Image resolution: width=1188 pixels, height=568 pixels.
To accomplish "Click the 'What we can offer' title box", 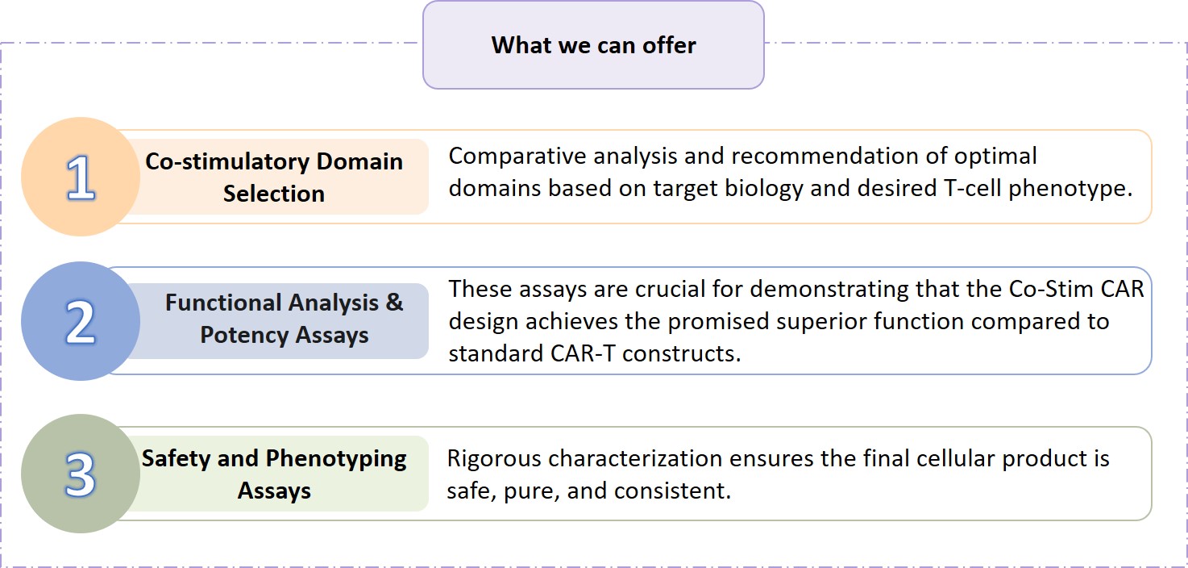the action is pyautogui.click(x=593, y=45).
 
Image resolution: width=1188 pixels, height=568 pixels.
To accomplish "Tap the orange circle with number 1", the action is pyautogui.click(x=81, y=177).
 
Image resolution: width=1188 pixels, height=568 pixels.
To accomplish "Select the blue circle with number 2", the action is pyautogui.click(x=81, y=321).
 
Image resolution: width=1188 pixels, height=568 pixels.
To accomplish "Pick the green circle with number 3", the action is pyautogui.click(x=81, y=474).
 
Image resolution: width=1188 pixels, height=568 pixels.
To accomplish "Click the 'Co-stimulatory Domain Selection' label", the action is pyautogui.click(x=274, y=177).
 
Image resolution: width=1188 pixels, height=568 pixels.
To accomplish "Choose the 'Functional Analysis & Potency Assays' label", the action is pyautogui.click(x=285, y=319).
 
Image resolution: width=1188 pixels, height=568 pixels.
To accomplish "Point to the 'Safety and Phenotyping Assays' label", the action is pyautogui.click(x=274, y=474).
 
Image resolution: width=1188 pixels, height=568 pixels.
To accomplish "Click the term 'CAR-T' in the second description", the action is pyautogui.click(x=583, y=353).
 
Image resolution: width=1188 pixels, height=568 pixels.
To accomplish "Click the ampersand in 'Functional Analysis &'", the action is pyautogui.click(x=394, y=303).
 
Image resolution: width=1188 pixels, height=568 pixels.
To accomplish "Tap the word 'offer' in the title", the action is pyautogui.click(x=669, y=46).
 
